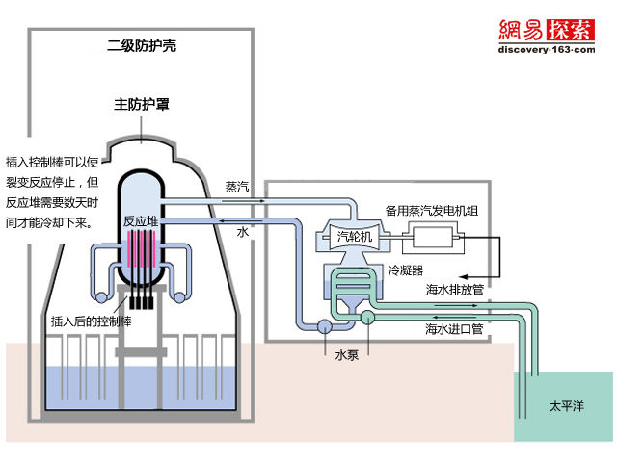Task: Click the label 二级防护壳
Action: [x=141, y=45]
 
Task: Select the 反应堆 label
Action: [x=140, y=220]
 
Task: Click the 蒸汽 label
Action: [x=237, y=186]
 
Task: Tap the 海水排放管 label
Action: [x=453, y=289]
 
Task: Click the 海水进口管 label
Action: [x=453, y=328]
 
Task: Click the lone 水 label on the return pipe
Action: [x=242, y=233]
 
